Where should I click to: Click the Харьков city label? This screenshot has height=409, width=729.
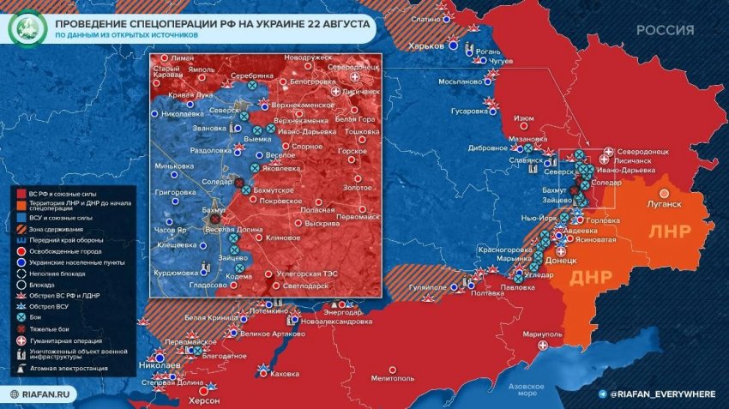(x=427, y=45)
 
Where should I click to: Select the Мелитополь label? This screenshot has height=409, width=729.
(x=394, y=376)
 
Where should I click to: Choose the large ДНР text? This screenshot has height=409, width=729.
(x=591, y=277)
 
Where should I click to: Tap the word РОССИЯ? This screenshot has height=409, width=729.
(x=666, y=30)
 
